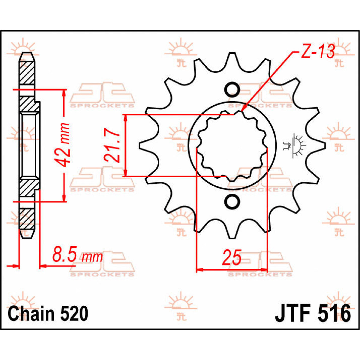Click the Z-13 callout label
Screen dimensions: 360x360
point(317,52)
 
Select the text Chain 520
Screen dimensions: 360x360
point(48,314)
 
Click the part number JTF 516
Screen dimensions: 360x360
point(313,314)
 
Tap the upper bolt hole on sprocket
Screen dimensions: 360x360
point(232,89)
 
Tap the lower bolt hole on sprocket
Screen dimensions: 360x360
point(232,201)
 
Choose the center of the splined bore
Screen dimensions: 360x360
point(232,145)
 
